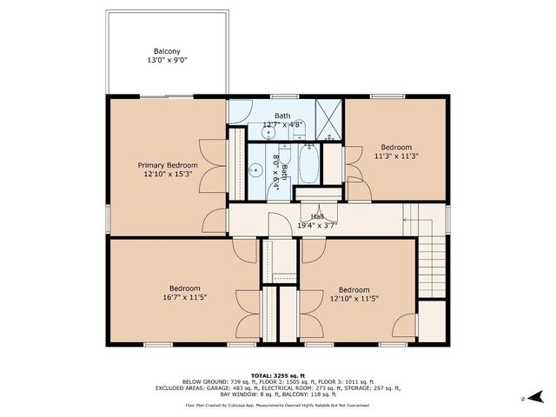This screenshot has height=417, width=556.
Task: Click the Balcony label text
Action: point(169,50)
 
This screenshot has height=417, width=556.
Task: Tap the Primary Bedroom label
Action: point(168,165)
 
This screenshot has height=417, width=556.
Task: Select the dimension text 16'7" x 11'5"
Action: point(184,298)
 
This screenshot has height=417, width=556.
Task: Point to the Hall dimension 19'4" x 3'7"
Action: point(317,225)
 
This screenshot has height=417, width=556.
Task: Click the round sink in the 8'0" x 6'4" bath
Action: point(256,170)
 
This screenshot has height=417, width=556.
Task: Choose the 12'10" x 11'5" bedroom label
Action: point(354,295)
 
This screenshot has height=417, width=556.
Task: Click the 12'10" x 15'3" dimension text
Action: point(168,175)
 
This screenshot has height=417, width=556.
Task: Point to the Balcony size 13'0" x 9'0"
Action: point(169,61)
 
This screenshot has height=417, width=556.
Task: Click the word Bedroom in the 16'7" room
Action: point(184,288)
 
